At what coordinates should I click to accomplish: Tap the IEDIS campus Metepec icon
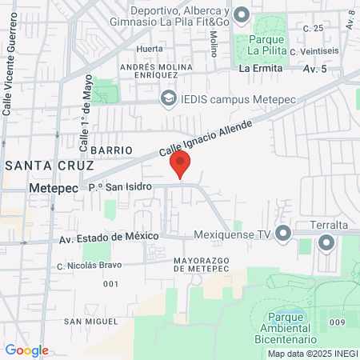(168, 98)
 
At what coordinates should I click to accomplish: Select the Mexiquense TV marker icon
(283, 234)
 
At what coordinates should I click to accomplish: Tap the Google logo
(26, 350)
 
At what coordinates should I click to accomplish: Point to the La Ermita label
(262, 69)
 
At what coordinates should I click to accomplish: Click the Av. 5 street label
(316, 69)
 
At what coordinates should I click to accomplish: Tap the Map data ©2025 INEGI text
(313, 354)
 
